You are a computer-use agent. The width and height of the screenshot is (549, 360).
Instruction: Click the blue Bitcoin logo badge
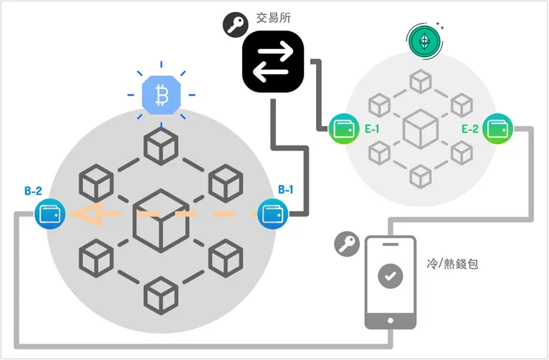(162, 95)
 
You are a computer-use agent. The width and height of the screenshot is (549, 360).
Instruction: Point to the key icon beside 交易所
(235, 25)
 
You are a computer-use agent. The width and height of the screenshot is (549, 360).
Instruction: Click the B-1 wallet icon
(272, 215)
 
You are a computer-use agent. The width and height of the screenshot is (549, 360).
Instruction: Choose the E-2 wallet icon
(496, 130)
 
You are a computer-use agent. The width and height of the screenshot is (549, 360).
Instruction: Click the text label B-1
(286, 190)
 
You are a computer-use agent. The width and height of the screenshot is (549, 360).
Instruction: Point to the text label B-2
(33, 191)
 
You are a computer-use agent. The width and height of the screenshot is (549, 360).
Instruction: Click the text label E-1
(370, 130)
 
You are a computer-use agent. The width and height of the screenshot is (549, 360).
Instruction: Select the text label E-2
(469, 130)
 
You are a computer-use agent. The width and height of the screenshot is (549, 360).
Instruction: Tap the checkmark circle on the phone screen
(390, 275)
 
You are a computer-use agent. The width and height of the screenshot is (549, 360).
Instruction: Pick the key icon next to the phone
(346, 243)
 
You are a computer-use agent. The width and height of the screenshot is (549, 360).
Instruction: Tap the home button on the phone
(390, 319)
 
